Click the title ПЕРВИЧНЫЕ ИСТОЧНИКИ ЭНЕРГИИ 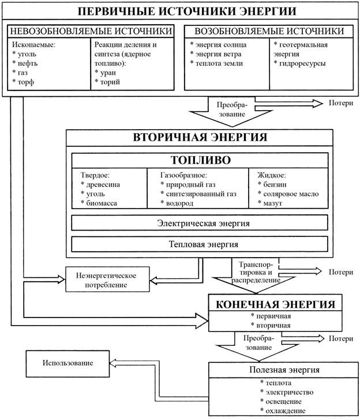(x=180, y=12)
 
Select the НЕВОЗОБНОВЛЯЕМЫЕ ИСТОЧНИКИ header (x=91, y=31)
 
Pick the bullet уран (x=110, y=73)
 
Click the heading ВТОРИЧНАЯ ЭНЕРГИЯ (x=200, y=137)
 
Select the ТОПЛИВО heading (x=200, y=160)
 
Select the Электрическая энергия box (x=200, y=222)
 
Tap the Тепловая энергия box (x=200, y=244)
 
